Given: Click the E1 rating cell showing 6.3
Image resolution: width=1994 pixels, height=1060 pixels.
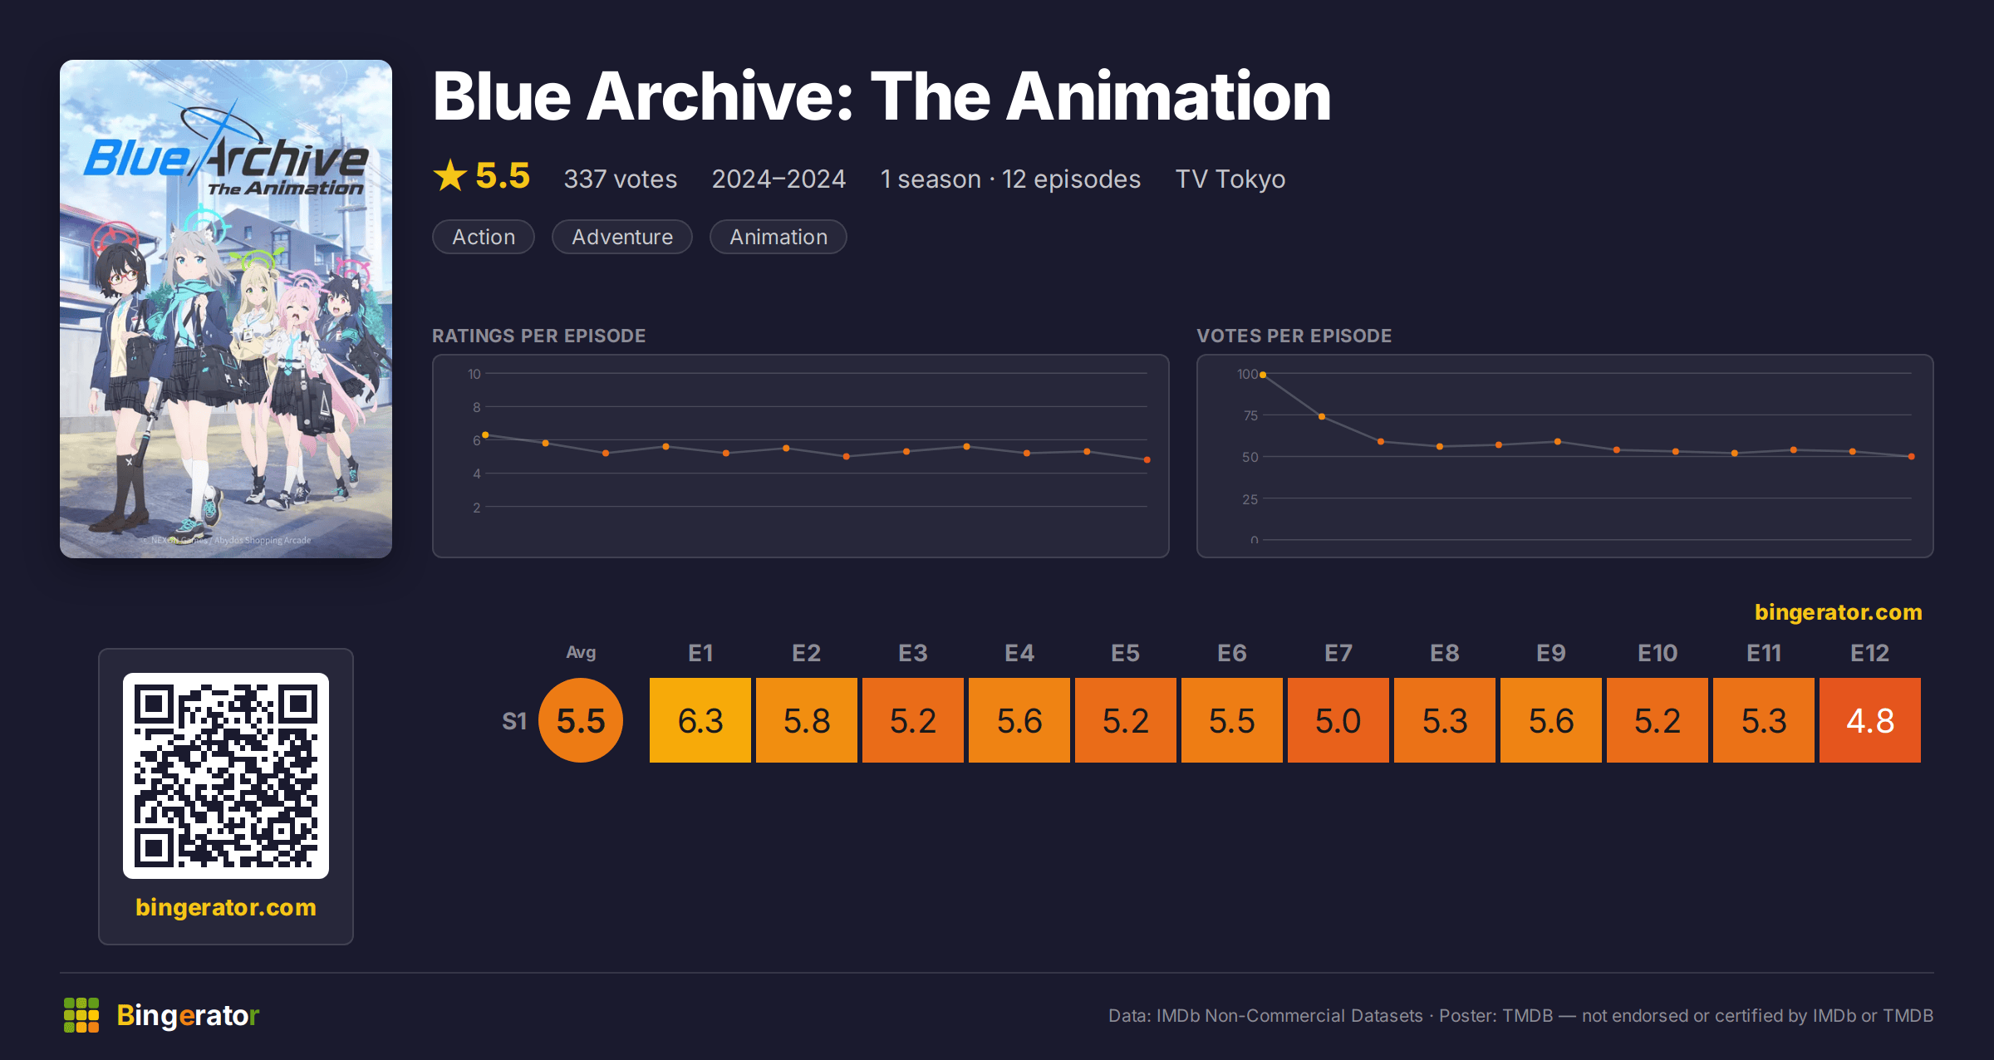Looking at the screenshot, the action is (x=700, y=720).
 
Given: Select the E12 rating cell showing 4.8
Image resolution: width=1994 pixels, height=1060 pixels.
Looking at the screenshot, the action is (x=1870, y=720).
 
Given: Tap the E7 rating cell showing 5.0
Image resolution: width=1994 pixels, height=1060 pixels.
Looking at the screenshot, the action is (x=1338, y=720).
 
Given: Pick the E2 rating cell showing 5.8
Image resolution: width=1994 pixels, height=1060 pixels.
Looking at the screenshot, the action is (x=807, y=720).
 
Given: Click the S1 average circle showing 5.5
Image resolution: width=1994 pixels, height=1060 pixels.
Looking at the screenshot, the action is (x=581, y=720).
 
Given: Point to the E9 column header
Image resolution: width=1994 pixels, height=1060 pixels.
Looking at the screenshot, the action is (x=1551, y=653).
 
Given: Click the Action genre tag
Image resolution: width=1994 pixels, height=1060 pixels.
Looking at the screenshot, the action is (x=484, y=237).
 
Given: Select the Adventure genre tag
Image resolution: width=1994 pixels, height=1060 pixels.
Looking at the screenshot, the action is (x=622, y=237).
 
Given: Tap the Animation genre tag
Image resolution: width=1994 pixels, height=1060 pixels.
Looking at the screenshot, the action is (x=778, y=237).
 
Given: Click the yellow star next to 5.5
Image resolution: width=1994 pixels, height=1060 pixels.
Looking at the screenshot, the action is (x=450, y=176).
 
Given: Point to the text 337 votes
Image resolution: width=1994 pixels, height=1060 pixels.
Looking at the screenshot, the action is (x=621, y=179).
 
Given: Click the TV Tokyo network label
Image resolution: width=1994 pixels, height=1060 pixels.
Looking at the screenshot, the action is (x=1230, y=179).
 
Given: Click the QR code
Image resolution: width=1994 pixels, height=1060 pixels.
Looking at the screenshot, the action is (x=226, y=776).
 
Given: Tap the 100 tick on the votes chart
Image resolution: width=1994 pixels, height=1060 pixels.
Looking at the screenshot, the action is (x=1247, y=375).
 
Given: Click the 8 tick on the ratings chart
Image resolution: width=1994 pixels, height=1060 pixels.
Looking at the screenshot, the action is (x=477, y=407).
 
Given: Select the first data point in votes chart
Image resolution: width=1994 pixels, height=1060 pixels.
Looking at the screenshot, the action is (x=1263, y=375).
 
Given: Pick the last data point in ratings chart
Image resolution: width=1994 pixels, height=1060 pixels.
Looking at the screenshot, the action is (x=1147, y=459).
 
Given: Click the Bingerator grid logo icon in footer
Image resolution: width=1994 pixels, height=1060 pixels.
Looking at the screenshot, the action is (x=81, y=1015).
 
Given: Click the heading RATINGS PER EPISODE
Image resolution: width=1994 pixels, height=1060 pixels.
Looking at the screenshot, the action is (x=539, y=336).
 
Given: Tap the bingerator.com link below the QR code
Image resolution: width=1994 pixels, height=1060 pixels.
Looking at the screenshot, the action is (x=226, y=907).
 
